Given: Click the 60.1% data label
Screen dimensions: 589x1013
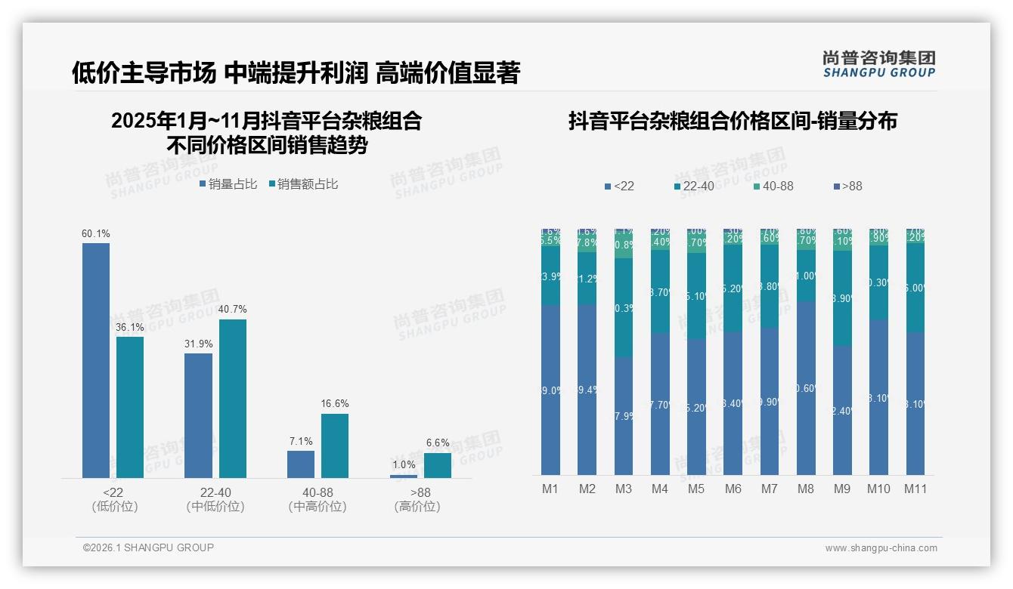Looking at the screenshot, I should [96, 234].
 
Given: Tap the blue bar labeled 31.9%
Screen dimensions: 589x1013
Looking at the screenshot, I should [198, 415].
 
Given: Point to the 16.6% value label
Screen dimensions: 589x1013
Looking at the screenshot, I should [335, 404].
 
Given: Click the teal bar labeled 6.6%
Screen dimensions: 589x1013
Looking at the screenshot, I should [437, 465].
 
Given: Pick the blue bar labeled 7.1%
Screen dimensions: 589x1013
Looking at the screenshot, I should [300, 464].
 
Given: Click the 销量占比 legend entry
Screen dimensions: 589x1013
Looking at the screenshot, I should [228, 184].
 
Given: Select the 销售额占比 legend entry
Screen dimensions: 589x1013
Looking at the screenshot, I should [303, 184].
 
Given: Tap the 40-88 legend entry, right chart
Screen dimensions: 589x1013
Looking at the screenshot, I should [773, 186].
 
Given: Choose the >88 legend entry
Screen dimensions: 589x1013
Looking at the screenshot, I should [847, 186].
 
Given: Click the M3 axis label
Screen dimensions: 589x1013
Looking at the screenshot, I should [623, 489].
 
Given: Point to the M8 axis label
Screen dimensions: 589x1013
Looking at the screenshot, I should [806, 489].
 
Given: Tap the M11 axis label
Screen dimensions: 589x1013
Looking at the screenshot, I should [915, 489].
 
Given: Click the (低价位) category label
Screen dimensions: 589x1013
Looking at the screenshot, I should [114, 507].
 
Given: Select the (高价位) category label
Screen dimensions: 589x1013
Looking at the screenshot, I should [417, 507].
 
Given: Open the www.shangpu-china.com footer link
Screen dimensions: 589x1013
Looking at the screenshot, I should [881, 548].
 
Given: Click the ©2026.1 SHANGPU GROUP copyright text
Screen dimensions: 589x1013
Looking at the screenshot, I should [148, 547].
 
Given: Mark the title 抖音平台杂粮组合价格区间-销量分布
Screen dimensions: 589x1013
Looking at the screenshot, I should [733, 122].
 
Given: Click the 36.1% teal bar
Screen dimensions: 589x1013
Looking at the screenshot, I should [130, 407].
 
